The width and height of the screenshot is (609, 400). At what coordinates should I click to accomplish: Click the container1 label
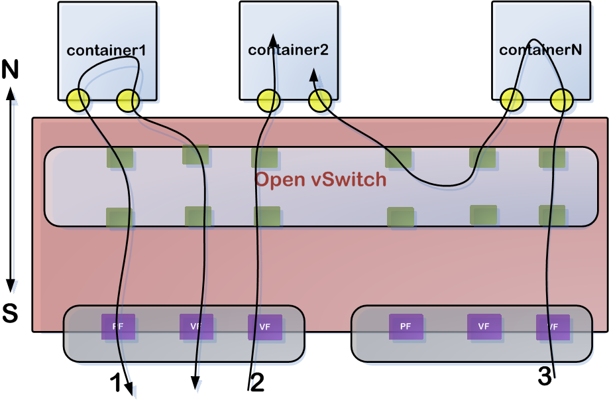pos(106,50)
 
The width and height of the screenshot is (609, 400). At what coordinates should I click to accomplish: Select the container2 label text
pos(288,49)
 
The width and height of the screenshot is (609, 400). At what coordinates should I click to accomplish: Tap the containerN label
pos(540,49)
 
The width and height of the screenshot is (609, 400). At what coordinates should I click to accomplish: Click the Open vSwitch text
pos(321,180)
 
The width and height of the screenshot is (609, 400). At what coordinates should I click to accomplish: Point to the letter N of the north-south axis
pos(10,69)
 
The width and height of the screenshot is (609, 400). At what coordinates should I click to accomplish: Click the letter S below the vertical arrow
pos(10,313)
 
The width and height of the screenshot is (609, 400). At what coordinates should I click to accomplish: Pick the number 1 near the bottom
pos(115,383)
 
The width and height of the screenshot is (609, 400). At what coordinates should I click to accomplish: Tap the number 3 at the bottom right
pos(545,376)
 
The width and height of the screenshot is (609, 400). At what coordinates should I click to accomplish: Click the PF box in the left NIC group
pos(118,326)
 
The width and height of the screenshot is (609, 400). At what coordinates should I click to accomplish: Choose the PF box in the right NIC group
pos(406,326)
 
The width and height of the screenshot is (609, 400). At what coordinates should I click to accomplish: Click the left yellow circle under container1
pos(78,100)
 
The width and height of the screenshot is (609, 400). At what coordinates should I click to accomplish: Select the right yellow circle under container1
pos(128,100)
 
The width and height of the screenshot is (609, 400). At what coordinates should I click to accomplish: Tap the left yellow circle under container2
pos(268,101)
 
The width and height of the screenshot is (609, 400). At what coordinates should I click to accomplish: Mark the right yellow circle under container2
pos(320,101)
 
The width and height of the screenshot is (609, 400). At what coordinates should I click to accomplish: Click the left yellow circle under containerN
pos(512,100)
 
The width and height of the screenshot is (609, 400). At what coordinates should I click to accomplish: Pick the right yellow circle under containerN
pos(561,100)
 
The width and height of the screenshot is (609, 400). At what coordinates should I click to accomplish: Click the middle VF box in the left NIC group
pos(196,326)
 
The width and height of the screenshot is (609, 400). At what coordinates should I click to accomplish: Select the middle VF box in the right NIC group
pos(484,326)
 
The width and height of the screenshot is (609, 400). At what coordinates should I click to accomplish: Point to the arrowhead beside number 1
pos(130,390)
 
